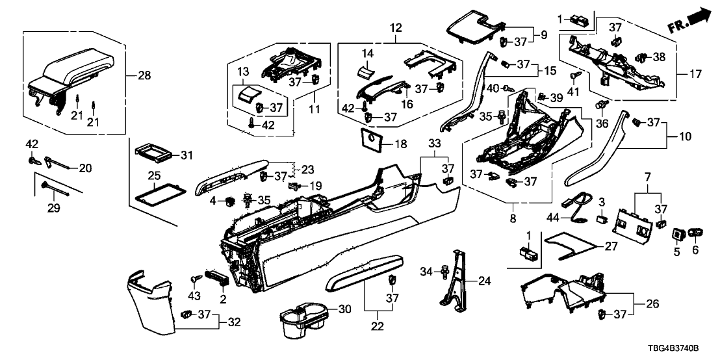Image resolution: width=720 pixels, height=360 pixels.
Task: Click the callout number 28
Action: coord(143,75)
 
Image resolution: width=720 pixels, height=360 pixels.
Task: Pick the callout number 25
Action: coord(153,176)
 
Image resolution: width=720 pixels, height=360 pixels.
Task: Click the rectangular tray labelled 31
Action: coord(153,155)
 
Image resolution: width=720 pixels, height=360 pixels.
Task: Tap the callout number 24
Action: coord(485,281)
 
